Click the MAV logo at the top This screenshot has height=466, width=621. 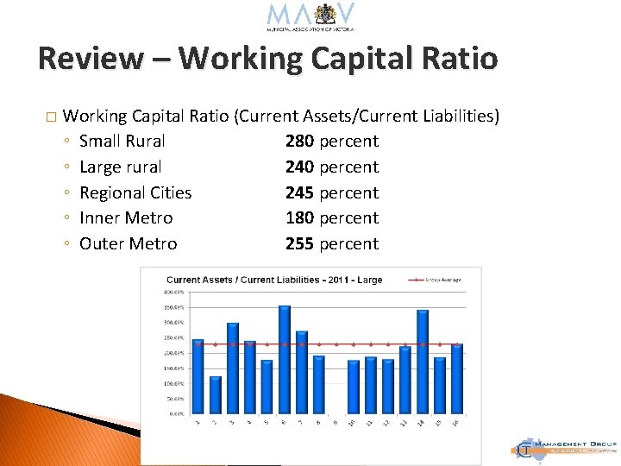pos(310,16)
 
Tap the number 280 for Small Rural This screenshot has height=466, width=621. pos(299,141)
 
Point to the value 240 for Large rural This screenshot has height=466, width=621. pos(299,167)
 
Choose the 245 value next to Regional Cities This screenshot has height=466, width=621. pos(299,192)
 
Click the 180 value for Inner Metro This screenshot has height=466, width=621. pos(299,218)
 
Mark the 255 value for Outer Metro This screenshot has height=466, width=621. pos(299,244)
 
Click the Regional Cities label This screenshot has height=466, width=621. pos(135,192)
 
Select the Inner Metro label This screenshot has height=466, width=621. pos(126,218)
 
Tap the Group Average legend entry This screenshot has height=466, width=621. pos(442,280)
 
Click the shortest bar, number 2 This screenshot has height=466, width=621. pos(216,394)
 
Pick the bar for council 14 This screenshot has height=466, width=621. pos(422,362)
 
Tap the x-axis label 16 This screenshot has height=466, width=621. pos(455,422)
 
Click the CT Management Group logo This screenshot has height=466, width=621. pos(564,446)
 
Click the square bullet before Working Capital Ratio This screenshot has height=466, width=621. pos(51,116)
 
